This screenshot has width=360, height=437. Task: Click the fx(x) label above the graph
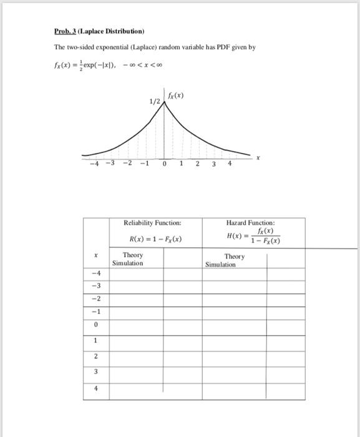coord(175,96)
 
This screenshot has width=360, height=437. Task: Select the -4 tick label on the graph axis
coord(94,164)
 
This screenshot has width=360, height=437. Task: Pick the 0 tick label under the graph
coord(163,164)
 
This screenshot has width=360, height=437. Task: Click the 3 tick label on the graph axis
coord(213,164)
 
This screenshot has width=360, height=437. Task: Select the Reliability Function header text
coord(152,222)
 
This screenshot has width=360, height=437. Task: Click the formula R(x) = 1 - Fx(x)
coord(155,239)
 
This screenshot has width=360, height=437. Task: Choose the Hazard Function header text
coord(251,222)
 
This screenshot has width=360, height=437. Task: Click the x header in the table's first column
coord(95,255)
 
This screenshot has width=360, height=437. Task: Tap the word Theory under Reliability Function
coord(133,255)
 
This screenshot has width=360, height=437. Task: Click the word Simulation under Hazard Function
coord(220,265)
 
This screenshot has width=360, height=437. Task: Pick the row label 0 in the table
coord(95,324)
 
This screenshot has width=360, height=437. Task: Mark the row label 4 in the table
coord(95,387)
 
